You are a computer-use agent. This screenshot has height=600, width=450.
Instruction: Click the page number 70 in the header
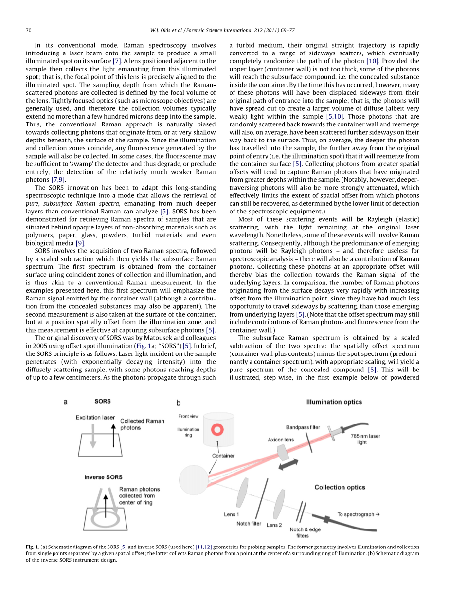[x=28, y=30]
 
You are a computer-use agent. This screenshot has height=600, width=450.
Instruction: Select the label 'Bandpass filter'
[x=303, y=427]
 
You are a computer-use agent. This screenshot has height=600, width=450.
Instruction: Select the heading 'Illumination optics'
[x=334, y=402]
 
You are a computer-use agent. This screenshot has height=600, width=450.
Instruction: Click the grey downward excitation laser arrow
[x=93, y=435]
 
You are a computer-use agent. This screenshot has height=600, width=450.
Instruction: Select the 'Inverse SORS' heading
[x=104, y=477]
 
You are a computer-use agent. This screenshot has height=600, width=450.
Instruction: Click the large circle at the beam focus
[x=194, y=480]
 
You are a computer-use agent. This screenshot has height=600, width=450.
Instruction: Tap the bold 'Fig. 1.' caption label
[x=33, y=547]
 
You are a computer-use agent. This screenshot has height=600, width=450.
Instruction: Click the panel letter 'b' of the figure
[x=179, y=403]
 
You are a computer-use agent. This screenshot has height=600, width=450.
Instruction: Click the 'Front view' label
[x=188, y=416]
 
